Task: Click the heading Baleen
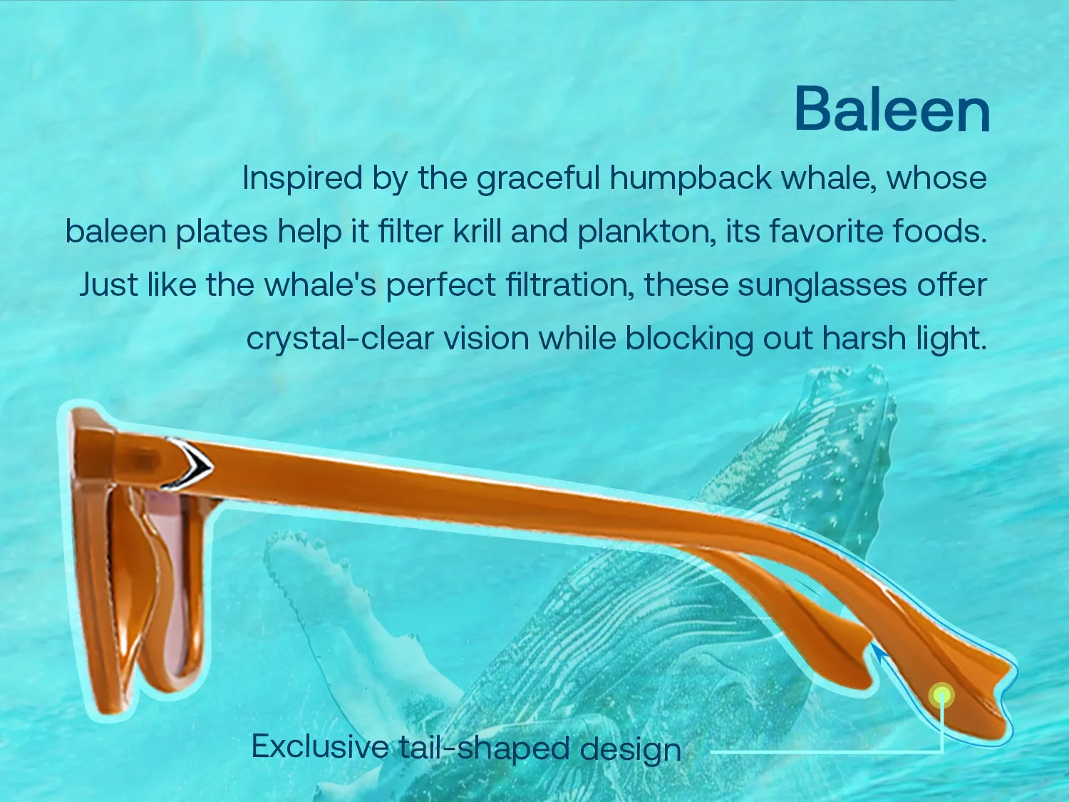tap(892, 110)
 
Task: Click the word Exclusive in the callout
tap(320, 746)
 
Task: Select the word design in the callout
tap(631, 749)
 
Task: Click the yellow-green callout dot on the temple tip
tap(942, 695)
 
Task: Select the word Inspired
tap(303, 178)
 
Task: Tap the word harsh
tap(864, 338)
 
